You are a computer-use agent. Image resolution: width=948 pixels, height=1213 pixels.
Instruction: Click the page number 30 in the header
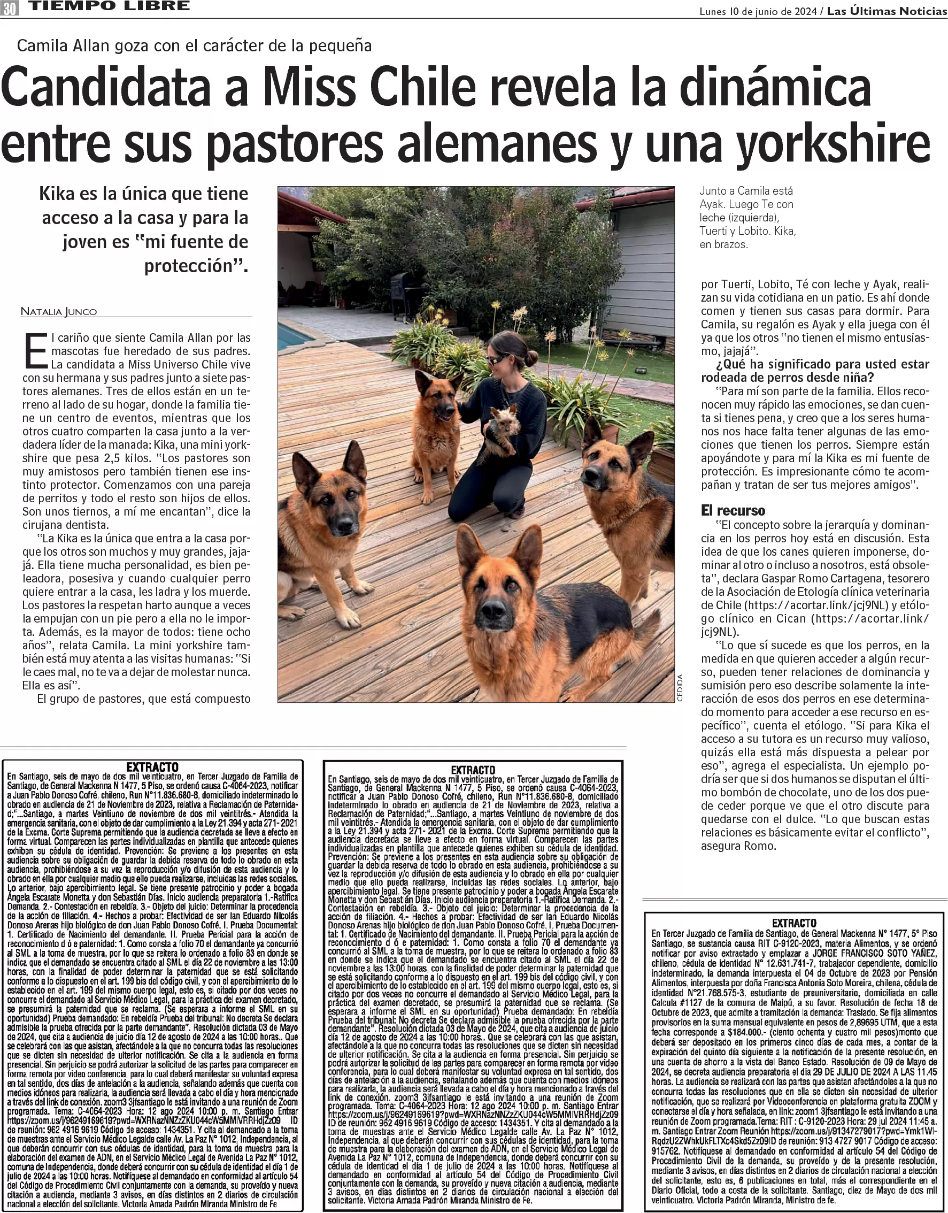click(x=10, y=7)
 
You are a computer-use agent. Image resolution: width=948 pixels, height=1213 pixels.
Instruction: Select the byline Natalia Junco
click(x=58, y=311)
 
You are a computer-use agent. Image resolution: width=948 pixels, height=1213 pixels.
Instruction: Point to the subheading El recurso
click(x=733, y=510)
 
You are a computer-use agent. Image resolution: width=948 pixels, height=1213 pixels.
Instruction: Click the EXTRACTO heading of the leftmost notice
click(x=152, y=767)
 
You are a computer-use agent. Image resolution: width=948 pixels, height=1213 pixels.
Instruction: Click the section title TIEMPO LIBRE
click(x=109, y=6)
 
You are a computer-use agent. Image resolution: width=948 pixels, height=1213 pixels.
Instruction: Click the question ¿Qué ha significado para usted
click(x=815, y=364)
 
